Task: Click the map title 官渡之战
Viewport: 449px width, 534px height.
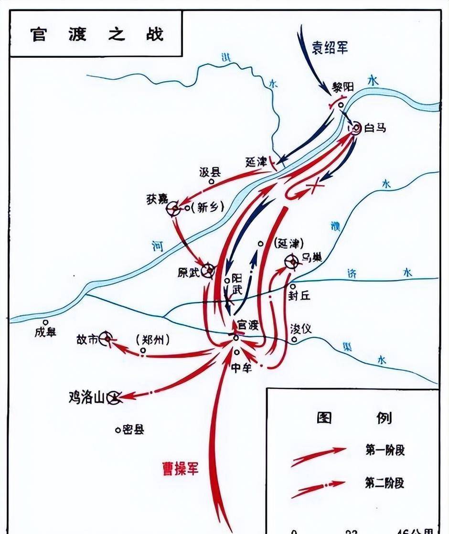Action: coord(97,34)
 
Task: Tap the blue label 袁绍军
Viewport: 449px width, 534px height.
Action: coord(330,48)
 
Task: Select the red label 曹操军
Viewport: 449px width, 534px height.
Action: coord(180,468)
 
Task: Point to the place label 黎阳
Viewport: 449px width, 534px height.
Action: coord(343,87)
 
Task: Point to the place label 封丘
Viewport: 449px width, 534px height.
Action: coord(299,296)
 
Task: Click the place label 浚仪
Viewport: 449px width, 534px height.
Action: coord(301,329)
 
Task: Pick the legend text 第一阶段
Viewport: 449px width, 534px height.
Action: coord(385,449)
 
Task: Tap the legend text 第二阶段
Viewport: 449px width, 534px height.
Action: coord(385,482)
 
